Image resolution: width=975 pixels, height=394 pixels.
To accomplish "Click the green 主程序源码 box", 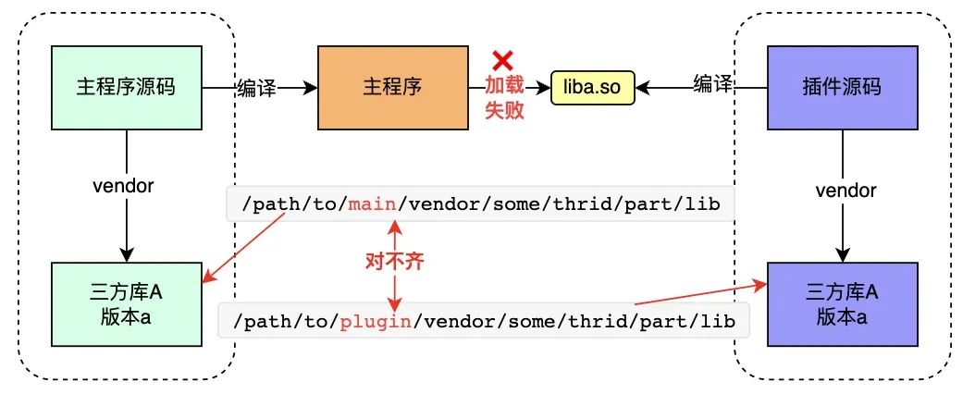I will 126,88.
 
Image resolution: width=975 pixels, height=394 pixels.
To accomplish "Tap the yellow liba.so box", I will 592,89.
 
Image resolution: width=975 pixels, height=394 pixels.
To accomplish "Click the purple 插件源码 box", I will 843,88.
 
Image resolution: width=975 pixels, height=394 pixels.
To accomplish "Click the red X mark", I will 503,61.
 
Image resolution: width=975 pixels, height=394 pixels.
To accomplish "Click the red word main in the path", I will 369,205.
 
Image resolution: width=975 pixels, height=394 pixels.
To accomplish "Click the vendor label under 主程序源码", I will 124,185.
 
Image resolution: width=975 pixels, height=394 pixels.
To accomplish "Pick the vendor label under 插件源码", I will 844,191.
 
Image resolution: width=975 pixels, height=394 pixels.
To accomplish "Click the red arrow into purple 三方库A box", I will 703,294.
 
